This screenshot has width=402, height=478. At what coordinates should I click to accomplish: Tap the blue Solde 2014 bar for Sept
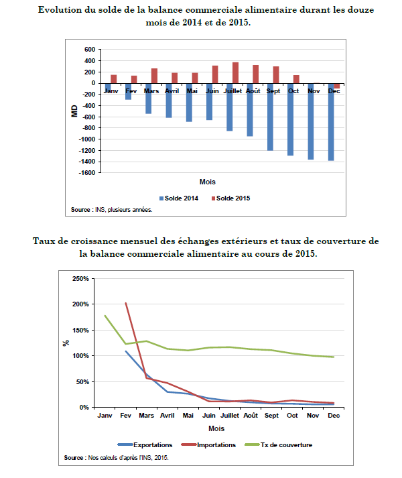tap(270, 117)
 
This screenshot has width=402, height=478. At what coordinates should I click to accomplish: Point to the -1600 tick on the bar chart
tap(87, 172)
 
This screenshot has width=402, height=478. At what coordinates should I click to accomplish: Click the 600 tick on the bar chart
tap(90, 50)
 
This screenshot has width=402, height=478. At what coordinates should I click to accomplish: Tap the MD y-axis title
tap(74, 111)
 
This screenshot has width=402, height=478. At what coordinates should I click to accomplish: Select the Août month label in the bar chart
tap(253, 91)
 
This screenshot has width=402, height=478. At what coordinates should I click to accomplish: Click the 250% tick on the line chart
tap(78, 278)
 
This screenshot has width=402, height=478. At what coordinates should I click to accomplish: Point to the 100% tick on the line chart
tap(78, 356)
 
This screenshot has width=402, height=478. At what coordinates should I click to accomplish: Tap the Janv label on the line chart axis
tap(105, 416)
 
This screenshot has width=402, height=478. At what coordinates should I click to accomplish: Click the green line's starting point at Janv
tap(105, 315)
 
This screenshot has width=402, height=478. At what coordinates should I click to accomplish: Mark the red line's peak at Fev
tap(126, 303)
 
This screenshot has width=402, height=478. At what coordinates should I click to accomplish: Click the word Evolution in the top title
tap(60, 10)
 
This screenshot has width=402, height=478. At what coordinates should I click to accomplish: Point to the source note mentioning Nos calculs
tap(117, 458)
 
